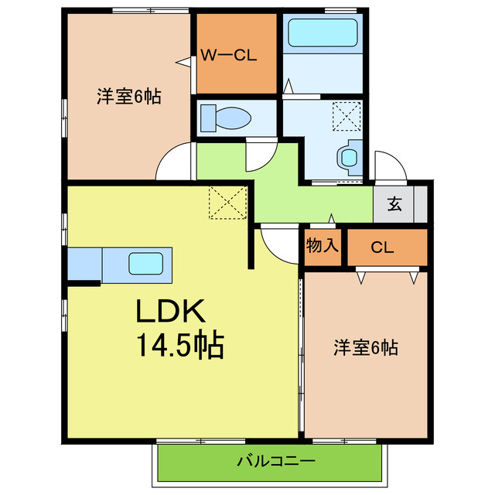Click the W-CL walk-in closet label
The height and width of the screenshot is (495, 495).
tap(229, 56)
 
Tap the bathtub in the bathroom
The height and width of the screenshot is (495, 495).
tap(323, 32)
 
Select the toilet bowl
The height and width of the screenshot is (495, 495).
tap(233, 118)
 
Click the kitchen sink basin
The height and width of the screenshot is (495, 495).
tap(145, 263)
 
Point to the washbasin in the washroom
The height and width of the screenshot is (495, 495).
tap(350, 158)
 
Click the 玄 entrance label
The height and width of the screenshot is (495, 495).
tap(394, 203)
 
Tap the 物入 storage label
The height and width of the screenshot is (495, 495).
tap(322, 245)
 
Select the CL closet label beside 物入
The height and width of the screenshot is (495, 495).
tap(382, 247)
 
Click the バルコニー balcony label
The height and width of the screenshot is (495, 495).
tap(276, 461)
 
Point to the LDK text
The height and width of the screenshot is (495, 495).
tap(170, 311)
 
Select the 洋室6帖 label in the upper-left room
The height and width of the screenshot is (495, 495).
tap(129, 96)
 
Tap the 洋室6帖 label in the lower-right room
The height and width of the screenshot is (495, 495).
tap(366, 347)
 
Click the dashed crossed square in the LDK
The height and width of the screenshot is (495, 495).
tap(227, 203)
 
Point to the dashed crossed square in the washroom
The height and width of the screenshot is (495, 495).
tap(346, 116)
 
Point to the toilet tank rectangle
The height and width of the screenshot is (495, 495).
tap(208, 118)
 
